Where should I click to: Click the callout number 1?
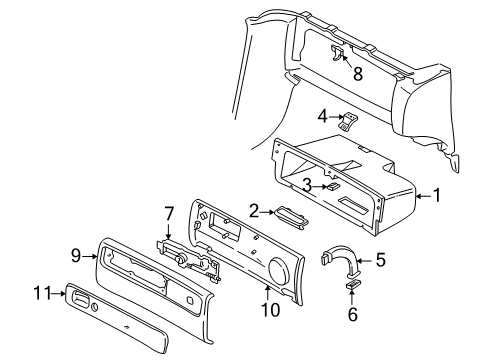coord(436,197)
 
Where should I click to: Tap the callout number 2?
coord(254,210)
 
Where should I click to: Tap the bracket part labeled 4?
coord(348,123)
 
